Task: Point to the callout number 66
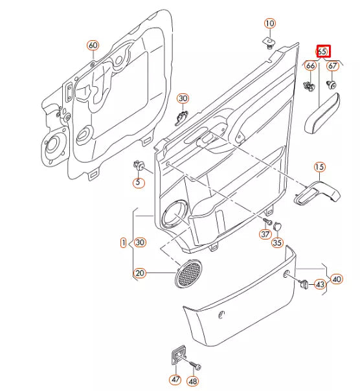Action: [311, 66]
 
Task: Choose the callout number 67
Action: [333, 66]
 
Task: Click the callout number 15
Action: [319, 168]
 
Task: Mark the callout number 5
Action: [138, 183]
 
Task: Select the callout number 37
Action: [265, 234]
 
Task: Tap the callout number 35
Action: [277, 243]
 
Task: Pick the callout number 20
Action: [140, 274]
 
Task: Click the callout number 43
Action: [320, 284]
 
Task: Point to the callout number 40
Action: [337, 280]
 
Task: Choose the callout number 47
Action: [175, 379]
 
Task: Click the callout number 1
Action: [123, 243]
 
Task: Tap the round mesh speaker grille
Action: [188, 274]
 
